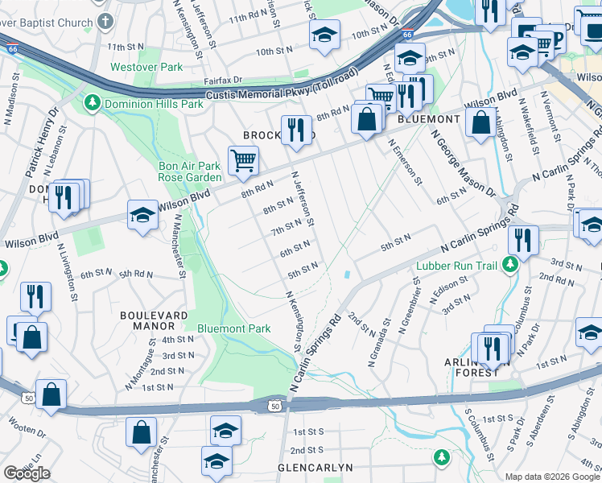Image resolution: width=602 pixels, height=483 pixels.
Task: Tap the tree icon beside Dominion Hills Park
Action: click(x=93, y=104)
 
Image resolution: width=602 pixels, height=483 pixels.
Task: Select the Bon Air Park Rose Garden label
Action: click(x=189, y=171)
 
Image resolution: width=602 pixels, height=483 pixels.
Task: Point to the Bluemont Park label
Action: click(x=234, y=328)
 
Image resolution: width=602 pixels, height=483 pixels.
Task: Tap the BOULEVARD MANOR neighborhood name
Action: click(x=147, y=320)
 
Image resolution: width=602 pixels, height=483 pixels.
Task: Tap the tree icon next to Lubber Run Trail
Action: click(x=509, y=264)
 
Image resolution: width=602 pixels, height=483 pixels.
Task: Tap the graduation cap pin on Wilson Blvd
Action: click(x=142, y=215)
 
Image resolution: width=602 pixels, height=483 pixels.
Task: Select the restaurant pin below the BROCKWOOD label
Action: click(x=296, y=130)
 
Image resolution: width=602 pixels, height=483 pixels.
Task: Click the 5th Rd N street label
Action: click(x=137, y=274)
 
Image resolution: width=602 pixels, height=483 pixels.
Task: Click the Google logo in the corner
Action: click(x=27, y=473)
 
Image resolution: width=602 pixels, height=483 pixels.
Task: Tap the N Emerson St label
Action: click(x=406, y=160)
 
